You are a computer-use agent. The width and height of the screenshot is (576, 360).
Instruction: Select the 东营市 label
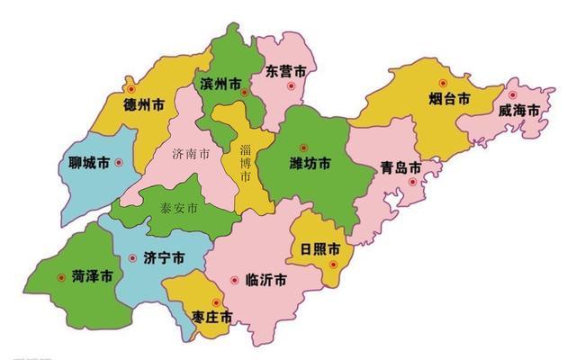tap(286, 70)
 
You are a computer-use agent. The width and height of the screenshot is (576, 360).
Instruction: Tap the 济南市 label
tap(191, 154)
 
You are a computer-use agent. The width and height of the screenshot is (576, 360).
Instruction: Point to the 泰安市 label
tap(179, 209)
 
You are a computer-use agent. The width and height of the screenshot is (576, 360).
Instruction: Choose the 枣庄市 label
tap(212, 317)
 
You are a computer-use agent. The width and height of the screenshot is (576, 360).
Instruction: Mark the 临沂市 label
tap(266, 280)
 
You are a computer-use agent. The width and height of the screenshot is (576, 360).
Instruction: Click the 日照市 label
tap(320, 247)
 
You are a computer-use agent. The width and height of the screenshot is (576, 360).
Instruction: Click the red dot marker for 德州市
tap(130, 90)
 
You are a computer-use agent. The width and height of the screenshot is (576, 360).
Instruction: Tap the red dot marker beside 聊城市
tap(119, 163)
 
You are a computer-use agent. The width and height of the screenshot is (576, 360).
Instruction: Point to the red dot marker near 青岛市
tap(413, 182)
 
